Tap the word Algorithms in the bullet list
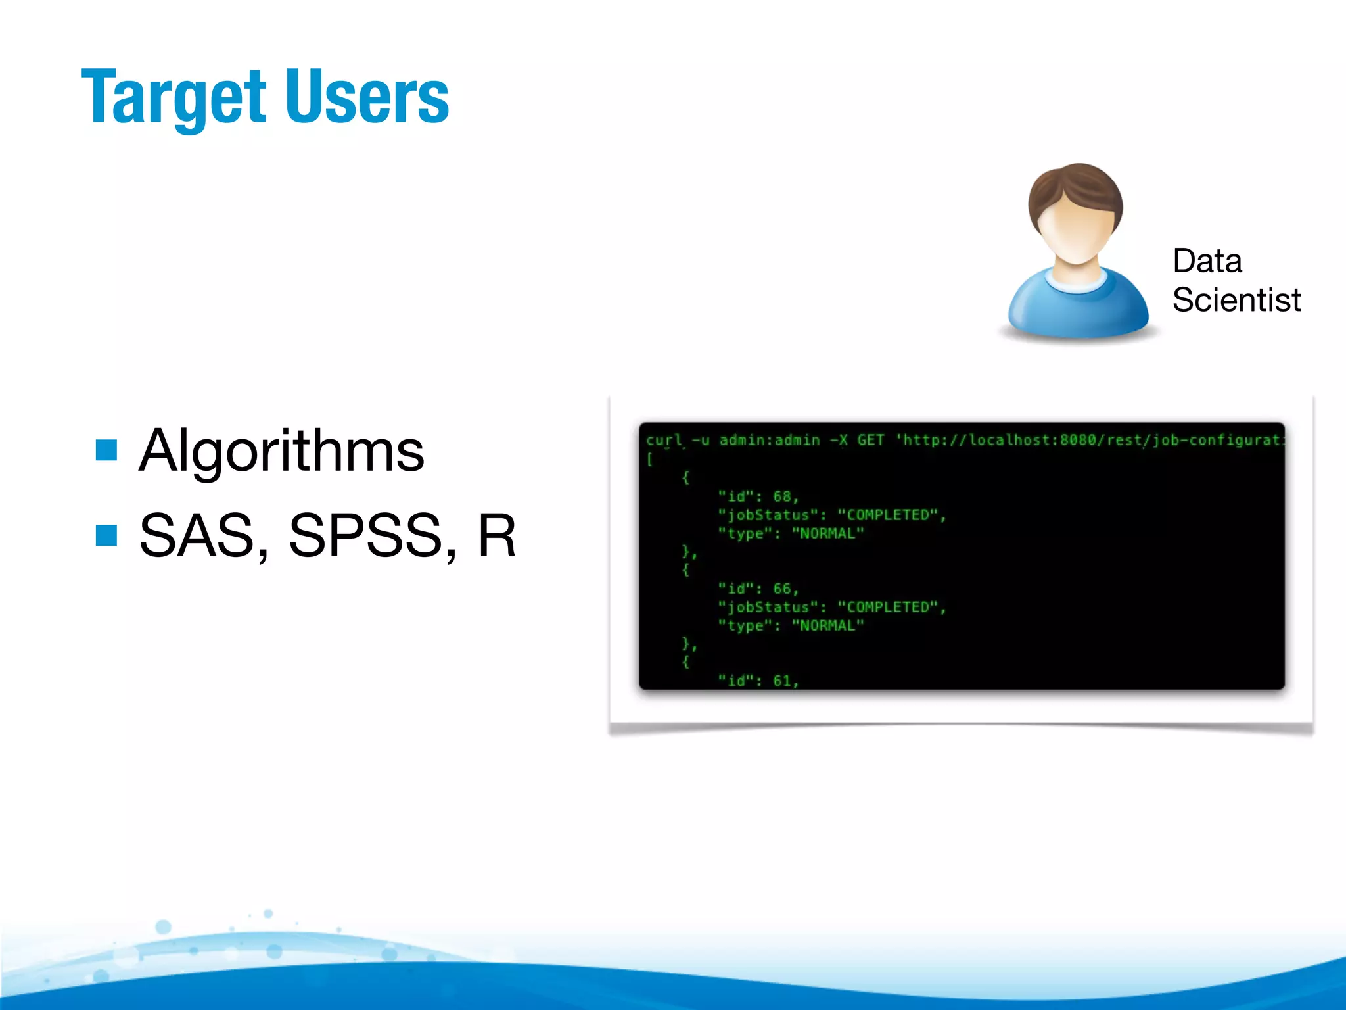point(281,451)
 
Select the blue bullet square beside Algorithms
point(106,450)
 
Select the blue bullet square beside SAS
point(106,535)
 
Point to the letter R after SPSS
point(496,535)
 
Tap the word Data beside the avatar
point(1207,261)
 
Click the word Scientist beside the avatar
point(1236,301)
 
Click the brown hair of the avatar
point(1075,187)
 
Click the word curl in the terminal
point(664,440)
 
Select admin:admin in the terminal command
point(769,440)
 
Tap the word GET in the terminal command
point(870,440)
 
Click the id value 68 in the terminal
point(782,496)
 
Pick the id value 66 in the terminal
point(782,589)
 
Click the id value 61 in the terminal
point(782,681)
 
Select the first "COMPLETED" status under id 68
point(887,515)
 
